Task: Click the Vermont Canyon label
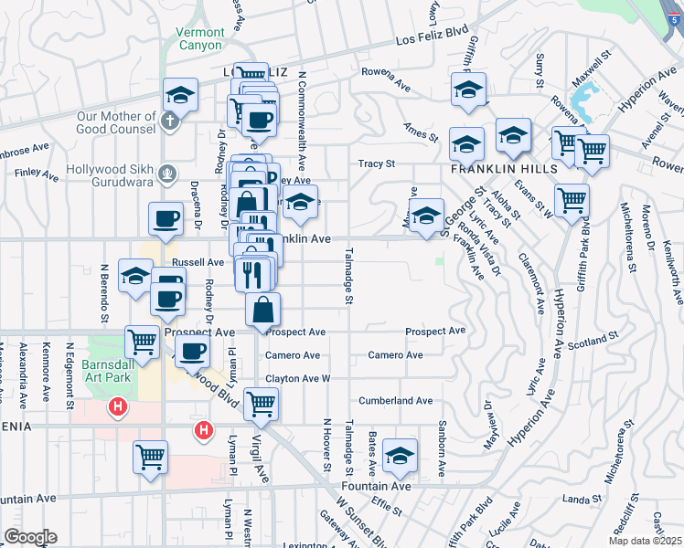pyautogui.click(x=198, y=38)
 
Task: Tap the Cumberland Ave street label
pyautogui.click(x=395, y=400)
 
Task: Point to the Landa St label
pyautogui.click(x=582, y=499)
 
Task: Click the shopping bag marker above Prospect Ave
pyautogui.click(x=262, y=310)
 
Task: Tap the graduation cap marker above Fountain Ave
pyautogui.click(x=399, y=456)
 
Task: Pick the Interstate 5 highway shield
pyautogui.click(x=675, y=13)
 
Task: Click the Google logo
pyautogui.click(x=30, y=537)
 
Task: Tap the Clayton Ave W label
pyautogui.click(x=297, y=377)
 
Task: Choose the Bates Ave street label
pyautogui.click(x=373, y=454)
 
